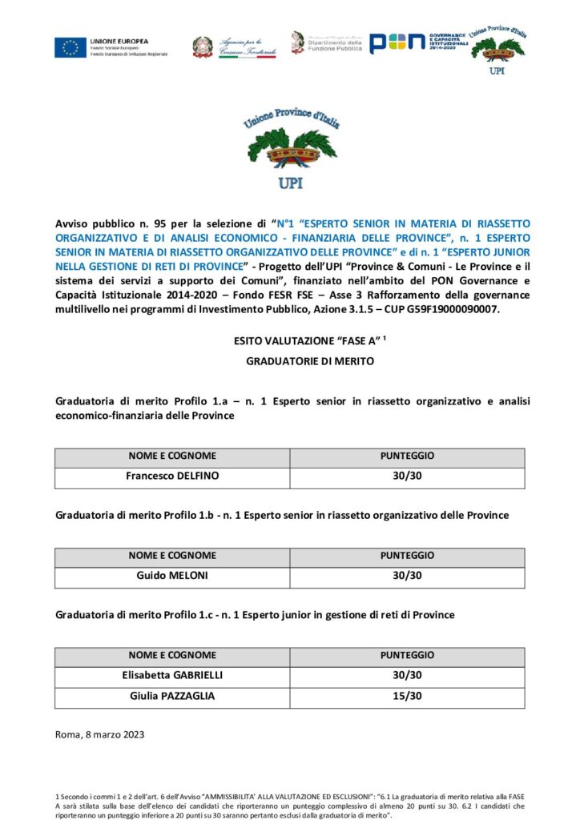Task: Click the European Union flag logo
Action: tap(70, 47)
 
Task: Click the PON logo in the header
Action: tap(397, 44)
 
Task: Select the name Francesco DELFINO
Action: tap(172, 476)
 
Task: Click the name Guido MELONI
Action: tap(172, 576)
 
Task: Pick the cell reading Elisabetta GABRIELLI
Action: tap(172, 675)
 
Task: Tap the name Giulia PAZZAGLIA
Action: tap(172, 696)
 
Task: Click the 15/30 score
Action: tap(407, 696)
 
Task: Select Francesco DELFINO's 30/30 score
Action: tap(407, 476)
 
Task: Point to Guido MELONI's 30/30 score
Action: tap(407, 576)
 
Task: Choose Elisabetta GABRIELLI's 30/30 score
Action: tap(407, 675)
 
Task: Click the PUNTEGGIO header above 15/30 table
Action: tap(407, 655)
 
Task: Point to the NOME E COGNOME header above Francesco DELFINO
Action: tap(172, 456)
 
